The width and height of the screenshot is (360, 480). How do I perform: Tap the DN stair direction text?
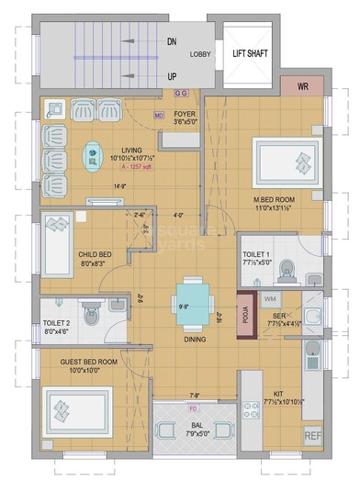tap(172, 41)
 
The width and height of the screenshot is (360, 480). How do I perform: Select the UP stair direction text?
tap(172, 76)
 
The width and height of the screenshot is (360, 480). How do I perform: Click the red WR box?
tap(303, 87)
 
